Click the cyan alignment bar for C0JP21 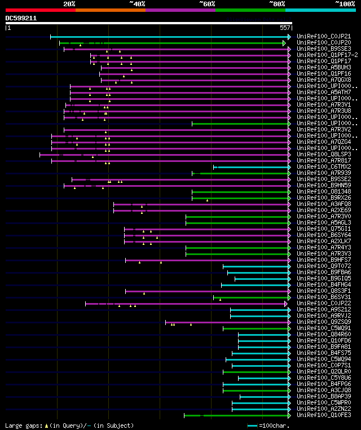point(169,37)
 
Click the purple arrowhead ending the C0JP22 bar point(286,304)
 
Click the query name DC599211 point(21,18)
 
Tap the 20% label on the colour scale point(69,3)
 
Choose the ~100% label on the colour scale point(345,3)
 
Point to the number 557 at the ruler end point(285,28)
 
